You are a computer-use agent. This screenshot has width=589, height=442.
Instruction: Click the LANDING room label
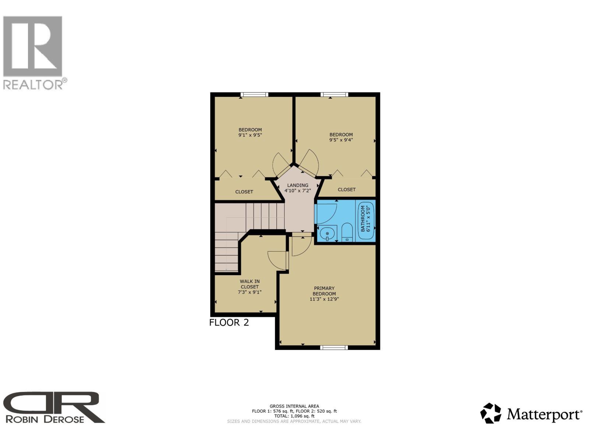(297, 185)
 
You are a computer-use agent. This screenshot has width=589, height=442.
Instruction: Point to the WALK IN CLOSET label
(250, 284)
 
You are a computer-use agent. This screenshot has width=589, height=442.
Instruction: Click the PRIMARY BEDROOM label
(324, 291)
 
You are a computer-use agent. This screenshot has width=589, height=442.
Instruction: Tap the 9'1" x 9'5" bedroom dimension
(250, 135)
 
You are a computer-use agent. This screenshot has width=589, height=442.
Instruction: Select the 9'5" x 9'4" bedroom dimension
(341, 140)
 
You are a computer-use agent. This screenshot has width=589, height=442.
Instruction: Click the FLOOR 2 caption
(229, 322)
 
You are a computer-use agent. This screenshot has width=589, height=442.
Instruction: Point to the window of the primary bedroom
(334, 348)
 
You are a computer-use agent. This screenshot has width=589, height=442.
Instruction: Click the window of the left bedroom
(254, 94)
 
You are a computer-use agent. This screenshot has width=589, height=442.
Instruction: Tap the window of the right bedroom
(334, 94)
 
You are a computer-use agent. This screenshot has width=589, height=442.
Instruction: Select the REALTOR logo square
(33, 46)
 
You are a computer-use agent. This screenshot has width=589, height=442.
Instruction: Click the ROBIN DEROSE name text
(45, 420)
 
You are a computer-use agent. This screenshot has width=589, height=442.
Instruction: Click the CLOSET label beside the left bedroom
(244, 192)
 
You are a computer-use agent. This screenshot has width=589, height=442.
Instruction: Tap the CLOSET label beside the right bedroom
(347, 190)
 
